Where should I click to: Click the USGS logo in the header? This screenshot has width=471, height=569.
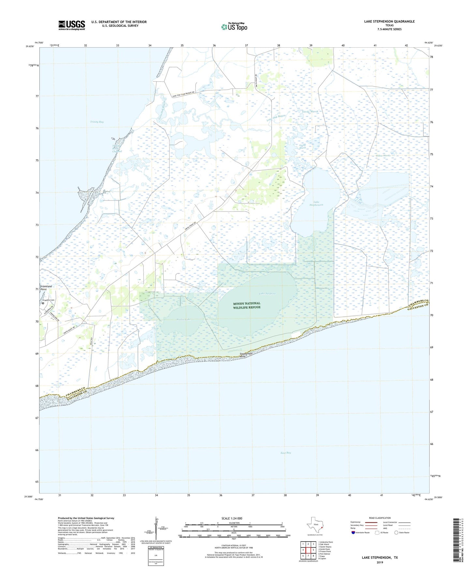click(72, 25)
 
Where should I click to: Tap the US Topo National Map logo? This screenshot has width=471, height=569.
click(234, 26)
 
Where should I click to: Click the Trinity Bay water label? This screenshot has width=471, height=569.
click(97, 122)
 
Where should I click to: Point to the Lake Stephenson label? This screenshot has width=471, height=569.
click(316, 203)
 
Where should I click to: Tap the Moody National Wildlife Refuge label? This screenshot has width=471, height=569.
click(247, 305)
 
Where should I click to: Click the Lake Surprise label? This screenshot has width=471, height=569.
click(267, 294)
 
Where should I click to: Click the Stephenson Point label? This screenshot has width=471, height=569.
click(247, 355)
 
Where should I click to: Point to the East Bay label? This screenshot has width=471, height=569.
click(286, 453)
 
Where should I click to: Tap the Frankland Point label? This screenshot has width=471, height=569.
click(46, 288)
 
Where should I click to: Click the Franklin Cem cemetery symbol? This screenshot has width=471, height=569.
click(43, 303)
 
